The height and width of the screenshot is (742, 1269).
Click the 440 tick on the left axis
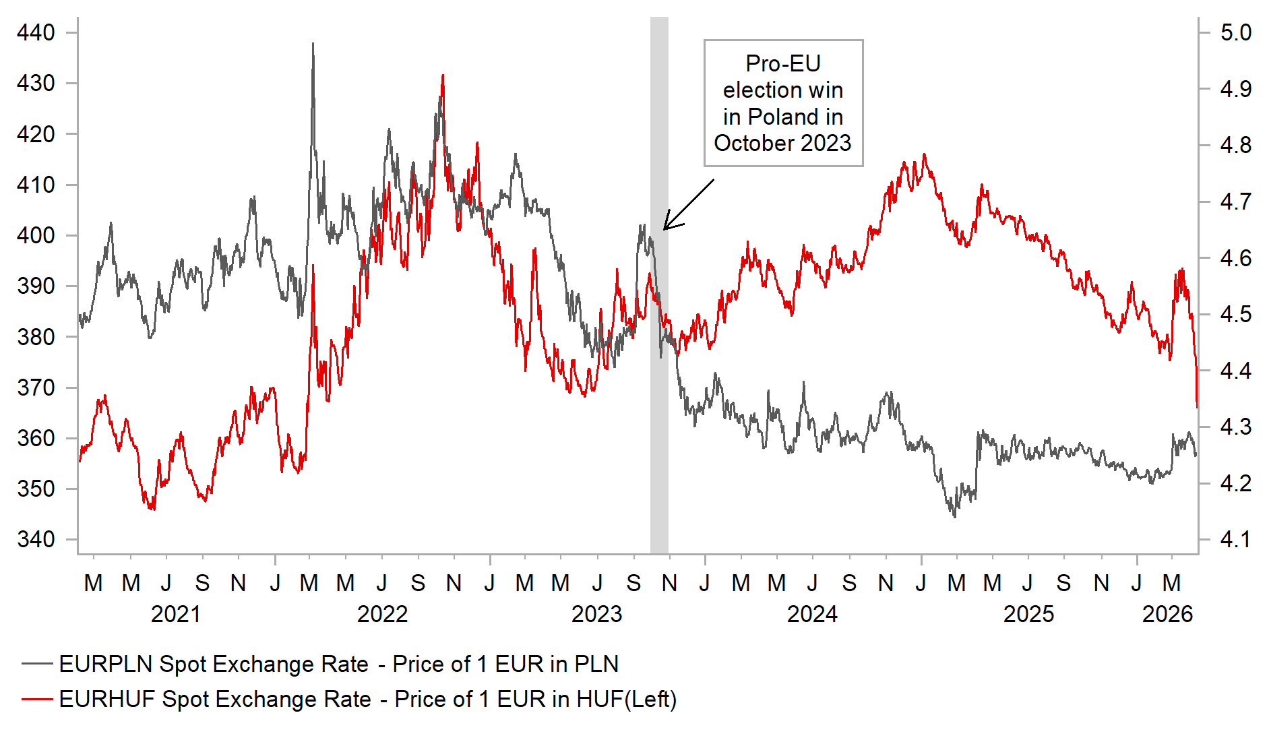click(x=36, y=32)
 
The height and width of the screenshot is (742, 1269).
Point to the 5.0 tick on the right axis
click(x=1235, y=32)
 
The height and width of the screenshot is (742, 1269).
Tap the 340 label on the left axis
click(x=36, y=539)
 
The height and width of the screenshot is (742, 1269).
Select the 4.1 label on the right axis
click(x=1235, y=539)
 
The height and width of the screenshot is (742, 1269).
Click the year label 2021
click(x=175, y=614)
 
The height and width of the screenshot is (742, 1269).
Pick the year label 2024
click(x=812, y=614)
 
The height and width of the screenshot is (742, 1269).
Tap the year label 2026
click(x=1167, y=614)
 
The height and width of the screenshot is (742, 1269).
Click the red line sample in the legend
click(x=37, y=699)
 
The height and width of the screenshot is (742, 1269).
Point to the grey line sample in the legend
click(x=37, y=664)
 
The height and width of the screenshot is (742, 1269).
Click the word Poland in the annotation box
click(x=782, y=117)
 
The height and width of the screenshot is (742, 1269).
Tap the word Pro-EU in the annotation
click(x=782, y=63)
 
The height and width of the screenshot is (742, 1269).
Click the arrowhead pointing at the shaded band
click(x=666, y=228)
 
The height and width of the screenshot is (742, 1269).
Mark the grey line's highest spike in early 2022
click(x=313, y=44)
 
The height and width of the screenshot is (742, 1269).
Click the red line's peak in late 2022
click(x=442, y=75)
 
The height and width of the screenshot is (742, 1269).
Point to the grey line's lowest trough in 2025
click(x=954, y=516)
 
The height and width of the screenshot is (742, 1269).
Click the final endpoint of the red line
click(x=1197, y=406)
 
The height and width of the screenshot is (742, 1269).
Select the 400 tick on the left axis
click(x=36, y=235)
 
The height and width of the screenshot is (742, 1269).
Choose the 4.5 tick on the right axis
click(x=1235, y=314)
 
